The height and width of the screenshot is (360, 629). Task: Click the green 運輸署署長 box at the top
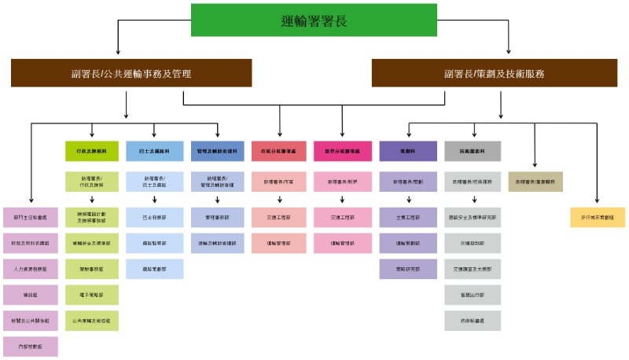click(314, 20)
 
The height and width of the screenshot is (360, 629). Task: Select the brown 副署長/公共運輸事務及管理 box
click(131, 73)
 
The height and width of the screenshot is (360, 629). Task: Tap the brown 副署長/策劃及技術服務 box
click(494, 73)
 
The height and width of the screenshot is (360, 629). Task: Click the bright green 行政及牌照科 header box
click(91, 151)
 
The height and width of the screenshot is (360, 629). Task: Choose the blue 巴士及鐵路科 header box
click(154, 151)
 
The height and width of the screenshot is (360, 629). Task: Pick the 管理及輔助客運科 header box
click(217, 151)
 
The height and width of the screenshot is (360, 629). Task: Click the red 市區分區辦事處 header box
click(278, 151)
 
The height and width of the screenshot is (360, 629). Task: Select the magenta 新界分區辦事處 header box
click(342, 151)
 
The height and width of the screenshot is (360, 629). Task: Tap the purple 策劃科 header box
click(408, 151)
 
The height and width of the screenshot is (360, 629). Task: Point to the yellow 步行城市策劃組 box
click(597, 217)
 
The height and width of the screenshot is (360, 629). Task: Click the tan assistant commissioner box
click(535, 182)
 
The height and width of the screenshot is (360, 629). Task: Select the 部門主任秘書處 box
click(30, 217)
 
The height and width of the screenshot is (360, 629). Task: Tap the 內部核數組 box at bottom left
click(30, 346)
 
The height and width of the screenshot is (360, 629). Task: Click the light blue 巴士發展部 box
click(154, 217)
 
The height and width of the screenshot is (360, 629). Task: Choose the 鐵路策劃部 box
click(154, 269)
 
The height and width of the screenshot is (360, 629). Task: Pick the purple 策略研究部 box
click(408, 269)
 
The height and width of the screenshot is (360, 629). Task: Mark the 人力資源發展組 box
click(30, 269)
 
